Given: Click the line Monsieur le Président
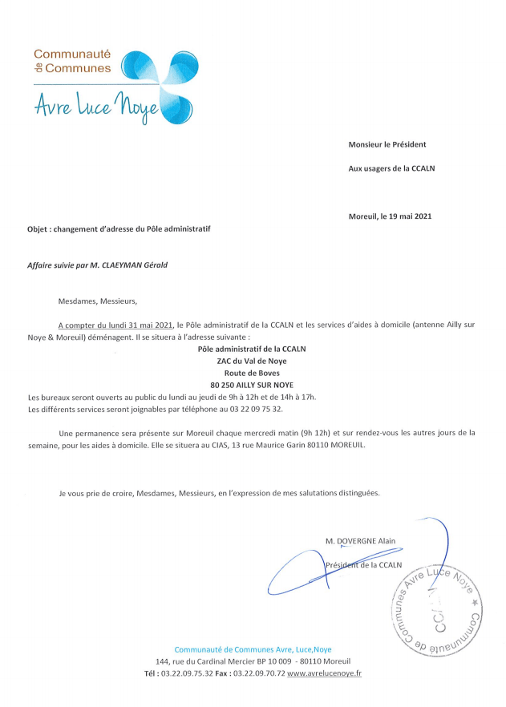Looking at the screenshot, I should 387,144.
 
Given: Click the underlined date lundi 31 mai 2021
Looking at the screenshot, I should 132,325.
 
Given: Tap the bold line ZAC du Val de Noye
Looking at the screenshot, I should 252,361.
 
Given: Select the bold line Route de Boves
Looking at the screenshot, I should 252,373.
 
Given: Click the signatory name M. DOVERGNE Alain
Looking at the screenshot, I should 360,541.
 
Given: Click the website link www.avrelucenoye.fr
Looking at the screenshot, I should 324,673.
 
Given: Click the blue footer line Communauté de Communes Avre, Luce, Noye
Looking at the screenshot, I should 253,649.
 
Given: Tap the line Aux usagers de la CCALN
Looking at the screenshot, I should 391,168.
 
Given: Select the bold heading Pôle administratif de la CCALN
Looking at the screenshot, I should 252,349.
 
